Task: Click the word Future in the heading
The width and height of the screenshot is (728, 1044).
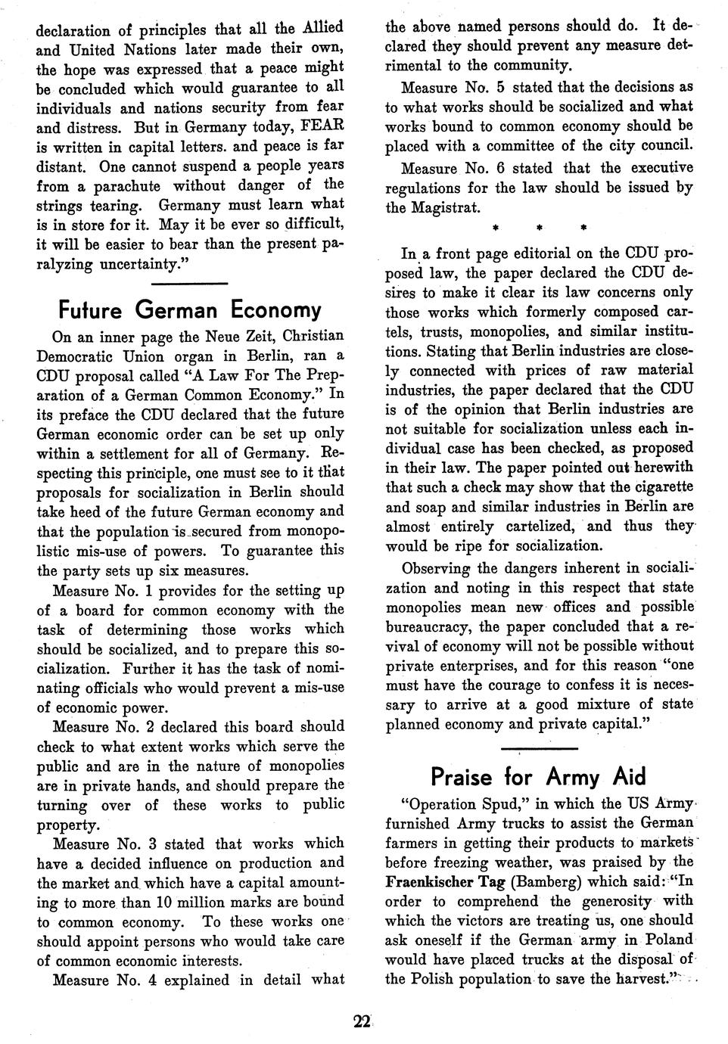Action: tap(90, 309)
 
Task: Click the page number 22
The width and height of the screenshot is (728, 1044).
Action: tap(360, 1022)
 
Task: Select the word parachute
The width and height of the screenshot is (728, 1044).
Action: tap(127, 185)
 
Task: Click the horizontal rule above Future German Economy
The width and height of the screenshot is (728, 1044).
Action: tap(190, 284)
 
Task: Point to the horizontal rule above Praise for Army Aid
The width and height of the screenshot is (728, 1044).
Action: tap(539, 749)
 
